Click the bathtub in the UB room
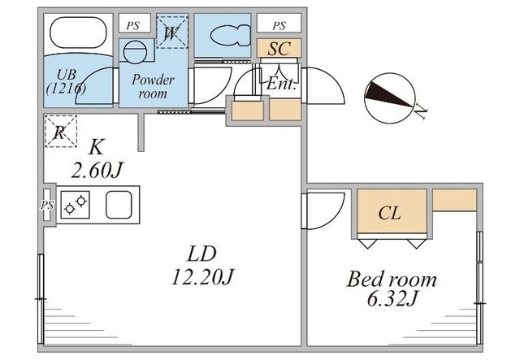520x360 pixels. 78,33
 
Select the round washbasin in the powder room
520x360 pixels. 135,51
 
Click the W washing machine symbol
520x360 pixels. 171,33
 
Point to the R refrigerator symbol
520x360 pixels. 60,131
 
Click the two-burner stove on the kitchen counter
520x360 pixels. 75,205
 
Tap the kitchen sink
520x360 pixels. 119,205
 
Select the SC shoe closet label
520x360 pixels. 279,49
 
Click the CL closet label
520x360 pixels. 389,213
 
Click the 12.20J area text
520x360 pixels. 203,277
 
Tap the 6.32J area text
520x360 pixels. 392,299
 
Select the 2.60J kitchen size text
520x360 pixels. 97,170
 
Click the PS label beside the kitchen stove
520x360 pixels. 47,205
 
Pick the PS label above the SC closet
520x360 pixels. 279,25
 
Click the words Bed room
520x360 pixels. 392,280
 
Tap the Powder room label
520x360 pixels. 153,86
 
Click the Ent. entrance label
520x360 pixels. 281,84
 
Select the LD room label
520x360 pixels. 202,254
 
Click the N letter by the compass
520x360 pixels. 421,111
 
